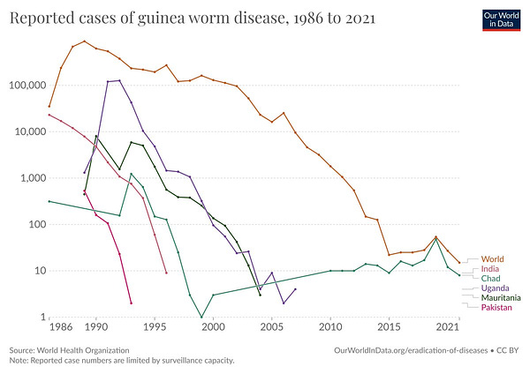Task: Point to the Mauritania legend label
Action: coord(501,298)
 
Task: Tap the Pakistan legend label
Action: coord(496,308)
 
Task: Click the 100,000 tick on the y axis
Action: coord(27,86)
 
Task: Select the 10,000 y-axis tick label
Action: coord(30,131)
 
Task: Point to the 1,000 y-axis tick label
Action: coord(33,178)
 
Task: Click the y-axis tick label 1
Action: coord(41,317)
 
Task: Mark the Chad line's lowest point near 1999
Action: coord(201,317)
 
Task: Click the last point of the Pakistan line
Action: coord(131,303)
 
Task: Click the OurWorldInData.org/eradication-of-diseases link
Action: coord(412,350)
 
